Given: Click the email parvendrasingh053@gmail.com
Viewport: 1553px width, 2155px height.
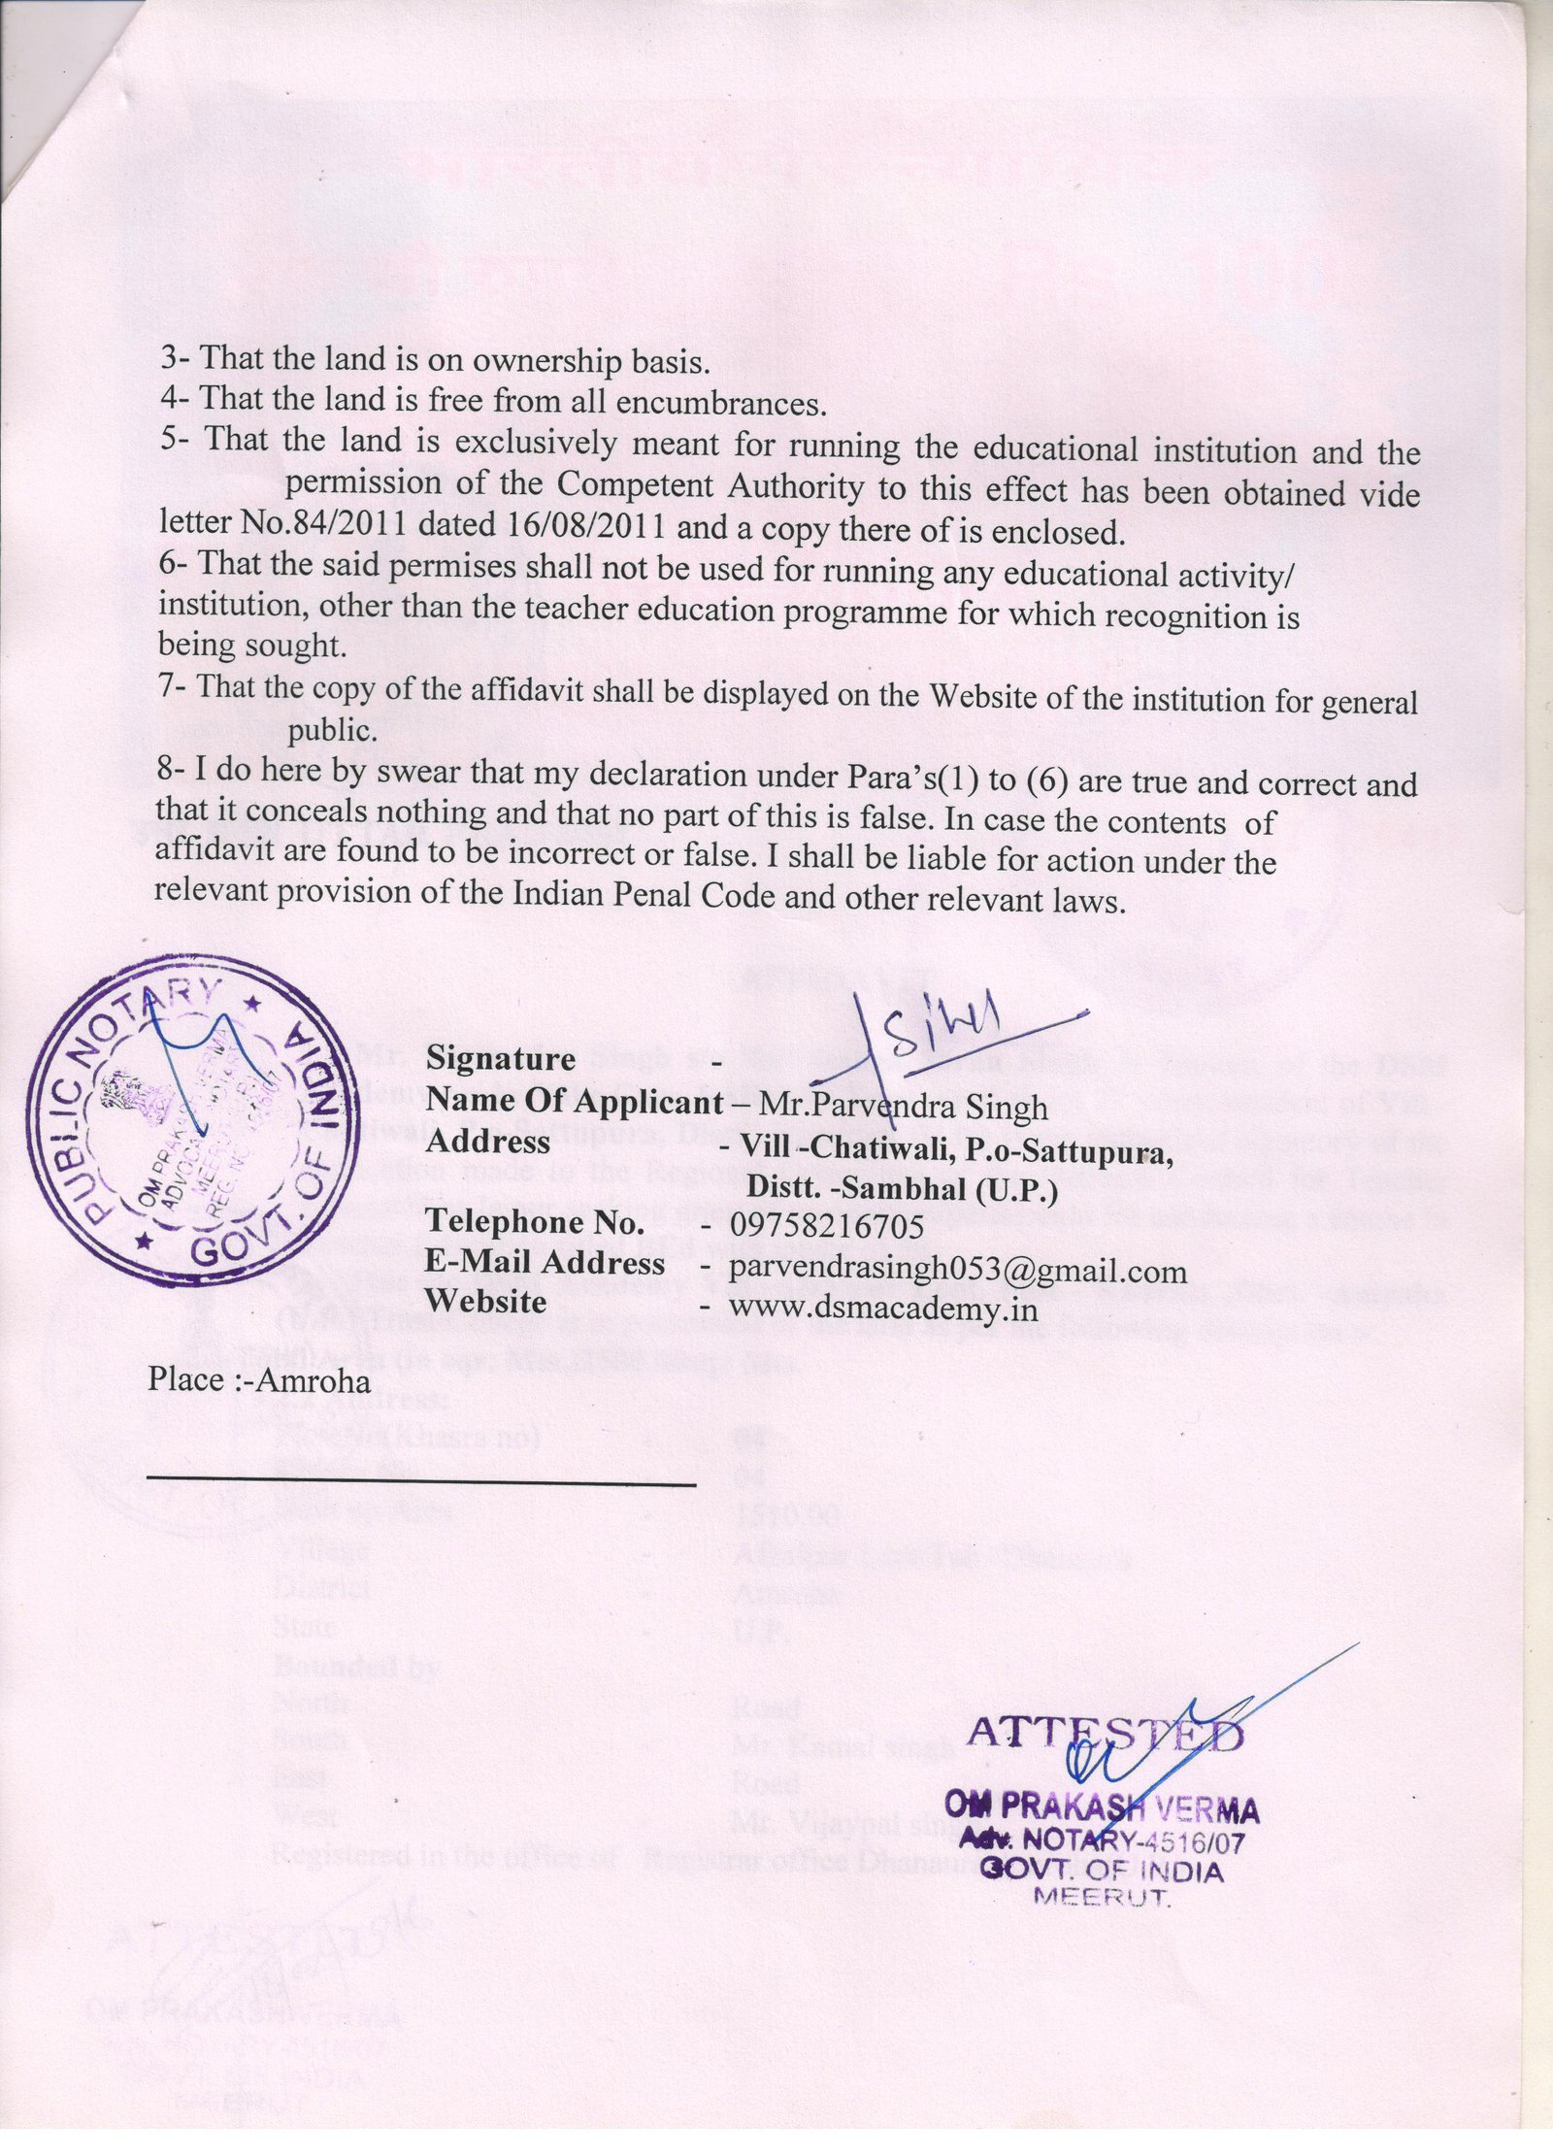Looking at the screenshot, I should [957, 1270].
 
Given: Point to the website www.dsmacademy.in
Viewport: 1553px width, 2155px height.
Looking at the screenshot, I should [883, 1310].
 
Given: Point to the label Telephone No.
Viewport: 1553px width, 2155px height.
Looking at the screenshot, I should [536, 1222].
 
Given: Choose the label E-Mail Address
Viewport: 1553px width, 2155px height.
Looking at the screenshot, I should [545, 1263].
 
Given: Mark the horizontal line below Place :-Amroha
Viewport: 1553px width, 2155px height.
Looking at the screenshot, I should [421, 1485].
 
